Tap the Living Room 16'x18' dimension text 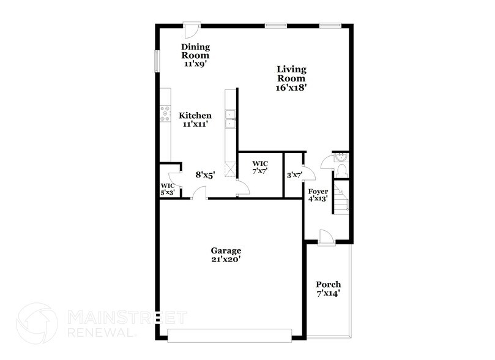click(291, 88)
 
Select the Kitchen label click(195, 115)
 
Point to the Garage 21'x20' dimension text click(226, 260)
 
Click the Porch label click(328, 285)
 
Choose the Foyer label click(318, 192)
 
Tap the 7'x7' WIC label click(259, 163)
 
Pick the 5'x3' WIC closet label click(168, 186)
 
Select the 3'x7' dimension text click(295, 175)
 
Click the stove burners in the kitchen click(165, 113)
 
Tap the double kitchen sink click(231, 119)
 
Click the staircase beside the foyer click(341, 197)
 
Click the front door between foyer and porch click(326, 239)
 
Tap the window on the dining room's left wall click(156, 62)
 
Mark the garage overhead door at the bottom click(230, 336)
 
